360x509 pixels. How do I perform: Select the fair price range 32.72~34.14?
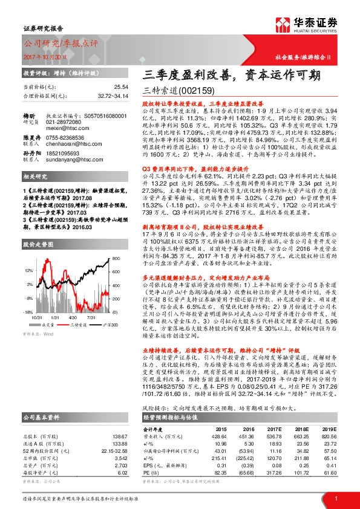(x=113, y=96)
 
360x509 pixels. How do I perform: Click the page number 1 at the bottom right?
(x=335, y=498)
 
